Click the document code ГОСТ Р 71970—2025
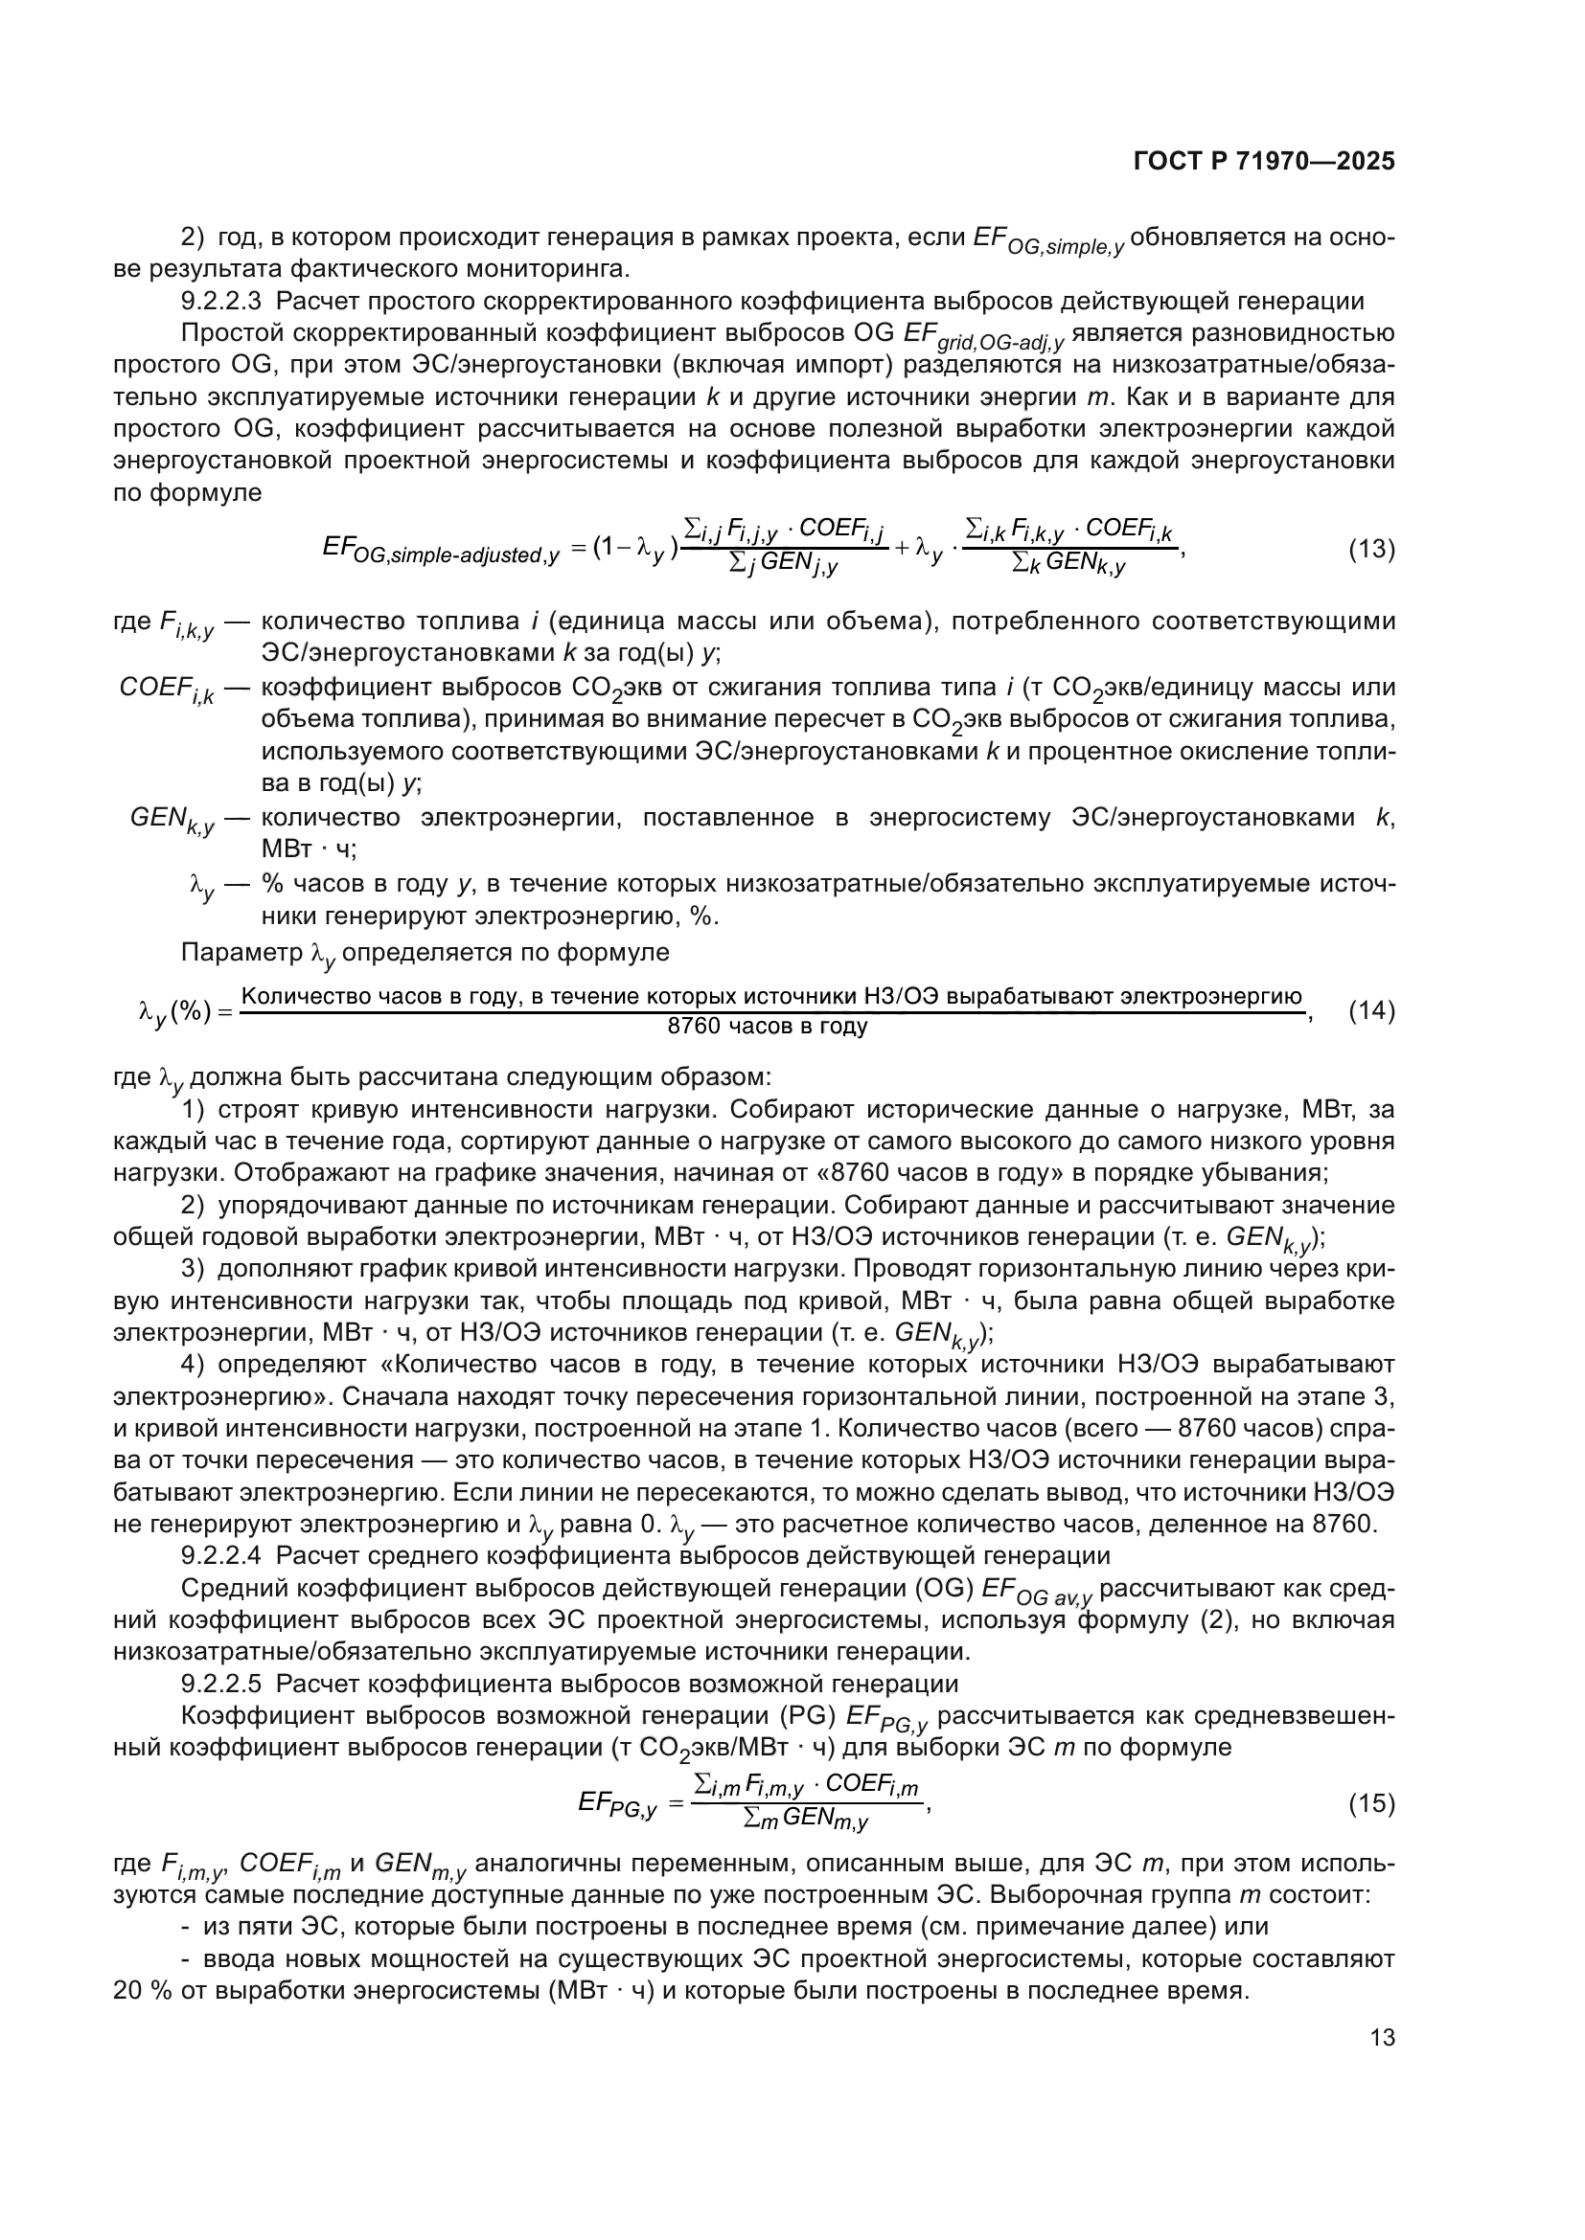pos(1264,161)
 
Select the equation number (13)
pos(1371,550)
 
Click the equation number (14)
pos(1371,1011)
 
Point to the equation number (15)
pos(1371,1805)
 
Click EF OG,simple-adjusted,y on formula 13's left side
pos(440,552)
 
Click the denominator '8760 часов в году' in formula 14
pos(768,1027)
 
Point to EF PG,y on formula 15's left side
pos(617,1806)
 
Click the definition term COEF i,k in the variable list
pos(167,690)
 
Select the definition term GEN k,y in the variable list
pos(172,821)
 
